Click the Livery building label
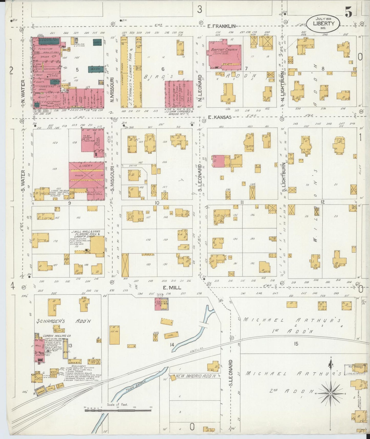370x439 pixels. pyautogui.click(x=87, y=166)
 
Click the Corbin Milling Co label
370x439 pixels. pyautogui.click(x=57, y=336)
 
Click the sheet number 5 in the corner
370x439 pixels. pyautogui.click(x=348, y=12)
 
